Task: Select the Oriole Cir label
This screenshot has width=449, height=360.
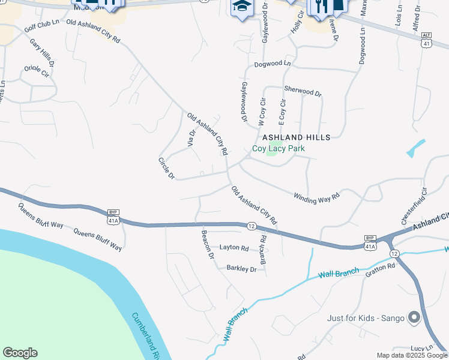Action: [x=37, y=70]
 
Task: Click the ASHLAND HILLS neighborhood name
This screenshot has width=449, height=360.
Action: [x=297, y=137]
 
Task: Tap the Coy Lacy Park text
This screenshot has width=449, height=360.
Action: [x=279, y=148]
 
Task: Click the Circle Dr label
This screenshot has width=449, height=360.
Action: [x=166, y=169]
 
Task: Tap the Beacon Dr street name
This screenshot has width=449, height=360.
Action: [x=208, y=245]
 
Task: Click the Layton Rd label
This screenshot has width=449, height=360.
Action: [x=234, y=247]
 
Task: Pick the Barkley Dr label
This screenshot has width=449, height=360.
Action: [x=241, y=269]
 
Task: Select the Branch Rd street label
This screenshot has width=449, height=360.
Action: [x=262, y=249]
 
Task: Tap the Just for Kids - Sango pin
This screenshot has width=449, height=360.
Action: [x=414, y=317]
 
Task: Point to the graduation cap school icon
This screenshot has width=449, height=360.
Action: [x=241, y=7]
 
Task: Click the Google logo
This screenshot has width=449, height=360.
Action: [x=20, y=353]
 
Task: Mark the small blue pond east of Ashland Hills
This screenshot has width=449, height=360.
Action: [x=415, y=148]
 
